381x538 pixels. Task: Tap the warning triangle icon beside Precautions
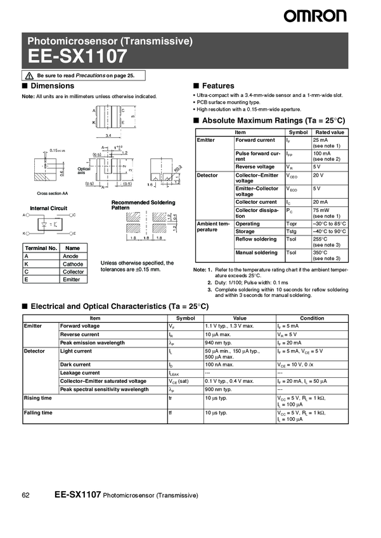tap(30, 75)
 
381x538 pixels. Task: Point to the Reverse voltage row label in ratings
tap(255, 166)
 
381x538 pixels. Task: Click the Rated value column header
tap(330, 132)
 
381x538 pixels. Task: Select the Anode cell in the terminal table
tap(71, 256)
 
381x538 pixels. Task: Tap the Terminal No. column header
tap(40, 248)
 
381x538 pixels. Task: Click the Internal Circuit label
tap(49, 208)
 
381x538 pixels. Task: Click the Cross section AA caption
tap(51, 193)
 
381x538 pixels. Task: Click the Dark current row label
tap(75, 365)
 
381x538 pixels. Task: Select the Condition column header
tap(312, 318)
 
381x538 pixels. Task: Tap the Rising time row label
tap(37, 398)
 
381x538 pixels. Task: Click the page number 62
tap(26, 494)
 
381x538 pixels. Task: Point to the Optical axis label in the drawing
tap(84, 170)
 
